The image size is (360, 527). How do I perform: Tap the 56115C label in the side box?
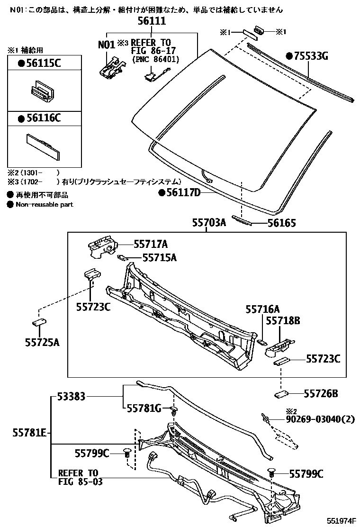pyautogui.click(x=43, y=64)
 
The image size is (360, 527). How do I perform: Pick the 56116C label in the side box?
pyautogui.click(x=43, y=118)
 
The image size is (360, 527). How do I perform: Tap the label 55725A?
pyautogui.click(x=42, y=342)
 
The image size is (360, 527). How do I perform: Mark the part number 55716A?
pyautogui.click(x=262, y=309)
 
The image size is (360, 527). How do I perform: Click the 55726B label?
pyautogui.click(x=322, y=393)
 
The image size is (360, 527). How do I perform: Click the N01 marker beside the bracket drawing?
pyautogui.click(x=107, y=45)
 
